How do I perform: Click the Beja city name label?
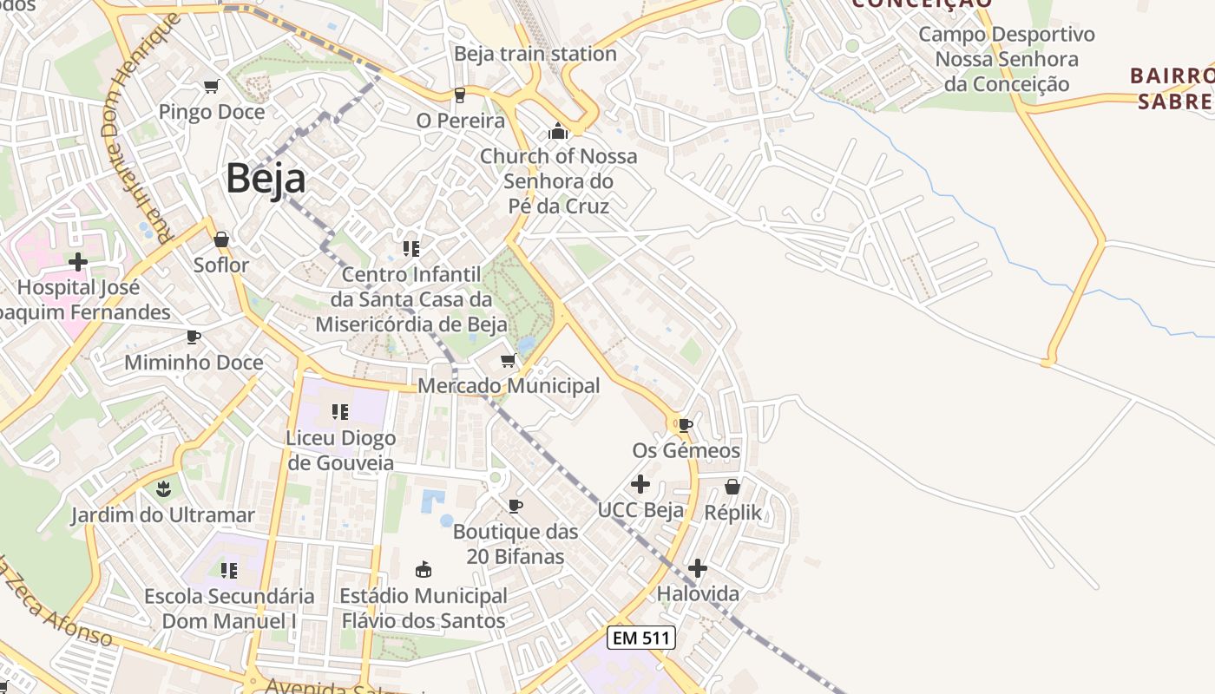pyautogui.click(x=266, y=180)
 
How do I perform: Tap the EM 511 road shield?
pyautogui.click(x=640, y=638)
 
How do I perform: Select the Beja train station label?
pyautogui.click(x=535, y=54)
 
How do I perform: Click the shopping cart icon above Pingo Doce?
pyautogui.click(x=211, y=86)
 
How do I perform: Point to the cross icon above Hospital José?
pyautogui.click(x=78, y=261)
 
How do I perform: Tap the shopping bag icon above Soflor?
pyautogui.click(x=221, y=239)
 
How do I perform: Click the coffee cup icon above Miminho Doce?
pyautogui.click(x=193, y=337)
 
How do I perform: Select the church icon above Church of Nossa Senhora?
pyautogui.click(x=557, y=132)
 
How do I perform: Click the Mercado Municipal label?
pyautogui.click(x=509, y=385)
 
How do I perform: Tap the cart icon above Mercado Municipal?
pyautogui.click(x=509, y=360)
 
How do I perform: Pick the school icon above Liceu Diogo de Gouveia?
pyautogui.click(x=340, y=411)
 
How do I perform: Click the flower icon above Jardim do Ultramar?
pyautogui.click(x=163, y=488)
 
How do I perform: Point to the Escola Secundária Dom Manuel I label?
pyautogui.click(x=229, y=608)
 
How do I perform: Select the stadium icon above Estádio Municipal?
pyautogui.click(x=424, y=570)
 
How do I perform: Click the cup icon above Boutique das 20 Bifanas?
pyautogui.click(x=516, y=505)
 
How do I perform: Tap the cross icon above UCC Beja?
pyautogui.click(x=640, y=484)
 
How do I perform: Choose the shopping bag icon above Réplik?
pyautogui.click(x=732, y=487)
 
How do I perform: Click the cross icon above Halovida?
pyautogui.click(x=698, y=568)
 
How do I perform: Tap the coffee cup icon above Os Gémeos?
pyautogui.click(x=686, y=425)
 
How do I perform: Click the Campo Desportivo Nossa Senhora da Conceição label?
pyautogui.click(x=1007, y=59)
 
